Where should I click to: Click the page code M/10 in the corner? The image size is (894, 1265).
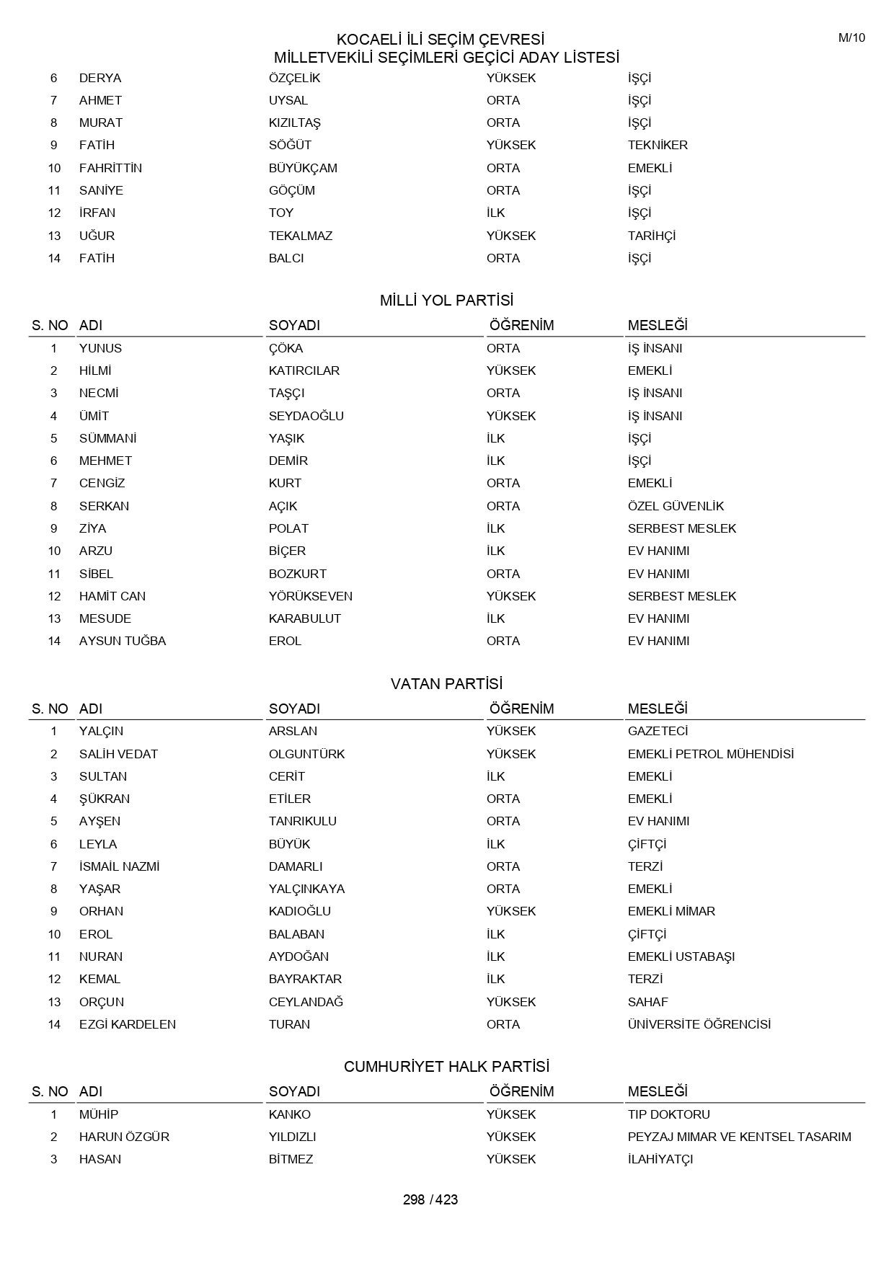pos(851,38)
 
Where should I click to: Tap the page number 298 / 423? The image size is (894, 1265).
pos(430,1199)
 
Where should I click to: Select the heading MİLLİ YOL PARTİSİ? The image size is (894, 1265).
pos(446,301)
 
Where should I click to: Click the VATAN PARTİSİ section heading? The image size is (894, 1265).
pos(446,683)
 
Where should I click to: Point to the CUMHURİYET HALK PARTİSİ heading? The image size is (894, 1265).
pos(446,1066)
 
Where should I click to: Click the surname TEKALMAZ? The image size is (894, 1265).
pos(301,236)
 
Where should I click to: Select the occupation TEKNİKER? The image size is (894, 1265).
pos(658,145)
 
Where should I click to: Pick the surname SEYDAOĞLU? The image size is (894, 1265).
pos(306,416)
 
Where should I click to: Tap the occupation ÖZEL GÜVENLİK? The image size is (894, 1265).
pos(676,506)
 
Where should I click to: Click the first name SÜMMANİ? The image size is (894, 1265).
pos(108,438)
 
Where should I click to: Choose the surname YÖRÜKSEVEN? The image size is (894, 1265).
pos(311,596)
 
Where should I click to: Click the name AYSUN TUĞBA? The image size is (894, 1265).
pos(123,641)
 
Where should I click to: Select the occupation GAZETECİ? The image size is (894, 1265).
pos(658,731)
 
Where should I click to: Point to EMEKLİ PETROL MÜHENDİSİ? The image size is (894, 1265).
pos(711,754)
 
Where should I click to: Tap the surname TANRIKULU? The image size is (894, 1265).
pos(303,821)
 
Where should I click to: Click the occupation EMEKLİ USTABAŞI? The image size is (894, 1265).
pos(681,956)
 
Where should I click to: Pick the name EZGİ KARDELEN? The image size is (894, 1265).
pos(128,1024)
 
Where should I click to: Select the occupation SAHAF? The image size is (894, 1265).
pos(648,1002)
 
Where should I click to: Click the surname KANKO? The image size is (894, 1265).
pos(290,1114)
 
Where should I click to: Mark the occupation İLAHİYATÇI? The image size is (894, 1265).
pos(660,1159)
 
